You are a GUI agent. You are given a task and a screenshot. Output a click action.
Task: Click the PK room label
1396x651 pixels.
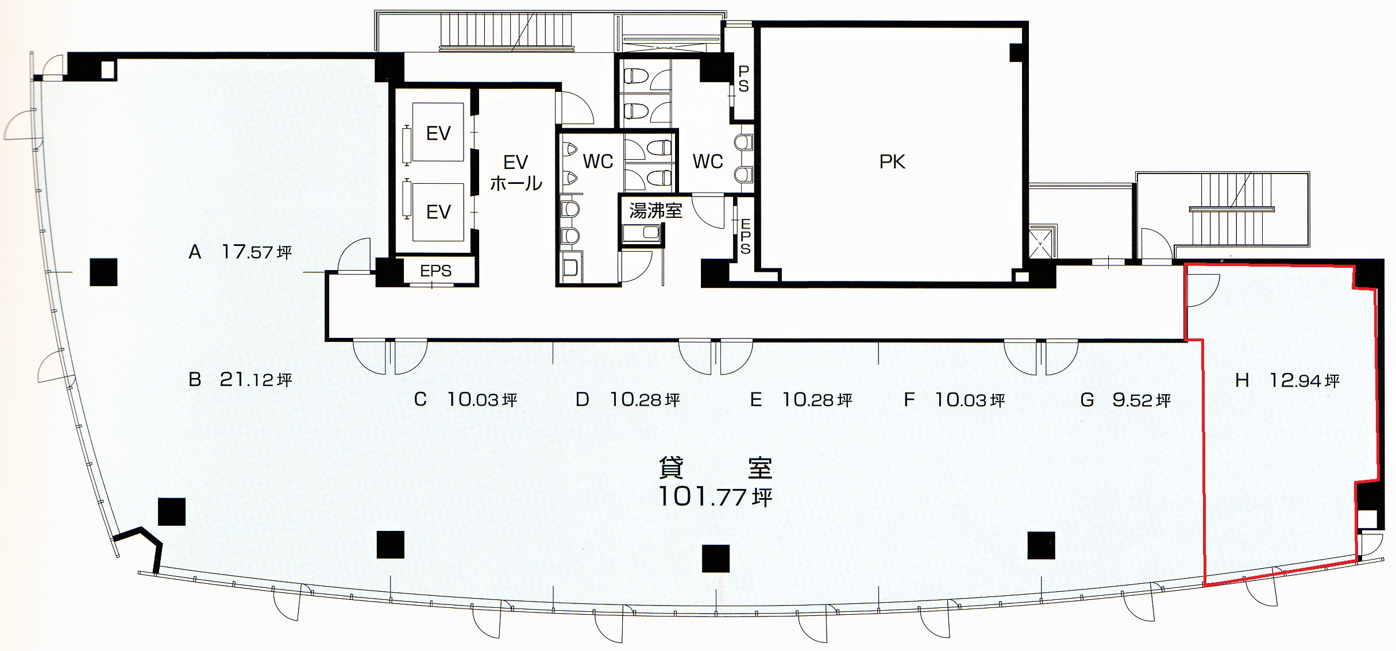point(892,162)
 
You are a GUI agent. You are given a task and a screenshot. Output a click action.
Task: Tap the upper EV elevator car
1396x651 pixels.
point(438,133)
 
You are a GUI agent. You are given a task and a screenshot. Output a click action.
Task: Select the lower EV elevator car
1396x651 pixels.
point(438,212)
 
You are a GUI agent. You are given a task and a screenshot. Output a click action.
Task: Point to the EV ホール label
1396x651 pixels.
point(516,172)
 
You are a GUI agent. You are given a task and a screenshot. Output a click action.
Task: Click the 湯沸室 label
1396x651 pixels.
point(655,211)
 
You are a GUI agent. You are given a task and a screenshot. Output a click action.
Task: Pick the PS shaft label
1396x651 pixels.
point(743,79)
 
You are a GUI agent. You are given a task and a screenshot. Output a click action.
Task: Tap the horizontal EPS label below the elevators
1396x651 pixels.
point(435,271)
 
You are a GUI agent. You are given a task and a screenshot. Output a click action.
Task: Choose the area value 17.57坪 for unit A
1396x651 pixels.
point(257,252)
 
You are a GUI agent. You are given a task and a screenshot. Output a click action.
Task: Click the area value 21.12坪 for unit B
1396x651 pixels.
point(256,379)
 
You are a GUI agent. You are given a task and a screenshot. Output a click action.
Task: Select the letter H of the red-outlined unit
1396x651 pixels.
point(1242,380)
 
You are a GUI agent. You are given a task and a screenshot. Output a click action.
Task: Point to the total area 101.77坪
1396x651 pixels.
point(715,496)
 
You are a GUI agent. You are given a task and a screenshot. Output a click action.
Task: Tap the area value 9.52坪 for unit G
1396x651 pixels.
point(1142,400)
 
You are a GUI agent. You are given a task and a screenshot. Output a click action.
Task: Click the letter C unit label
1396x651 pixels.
point(421,399)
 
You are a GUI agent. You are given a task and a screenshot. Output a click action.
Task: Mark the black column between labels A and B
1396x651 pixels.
point(104,272)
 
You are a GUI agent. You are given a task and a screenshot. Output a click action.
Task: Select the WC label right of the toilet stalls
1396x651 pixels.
point(708,161)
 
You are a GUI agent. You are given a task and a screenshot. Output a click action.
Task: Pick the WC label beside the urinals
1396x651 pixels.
point(598,161)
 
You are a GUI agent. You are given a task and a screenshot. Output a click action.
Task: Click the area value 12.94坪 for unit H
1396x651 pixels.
point(1305,380)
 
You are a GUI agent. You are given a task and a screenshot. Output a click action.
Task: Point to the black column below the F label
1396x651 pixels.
point(1041,545)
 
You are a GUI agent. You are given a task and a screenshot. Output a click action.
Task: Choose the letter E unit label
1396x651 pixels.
point(756,399)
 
